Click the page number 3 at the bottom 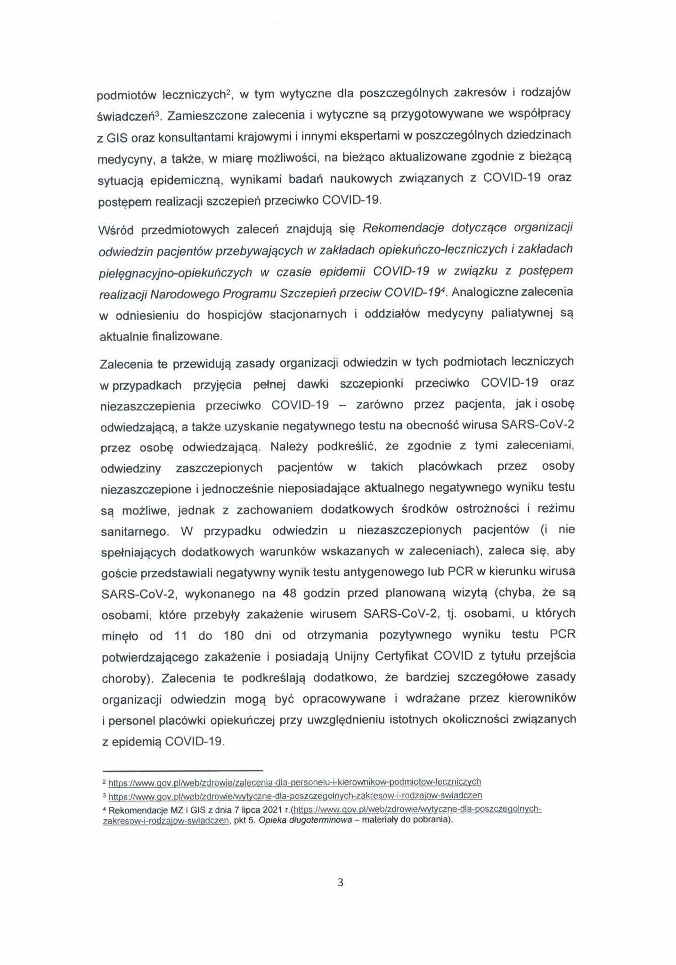coord(341,883)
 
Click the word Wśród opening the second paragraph coord(116,230)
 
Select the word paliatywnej coord(521,314)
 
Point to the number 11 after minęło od coord(180,636)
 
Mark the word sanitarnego coord(135,532)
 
